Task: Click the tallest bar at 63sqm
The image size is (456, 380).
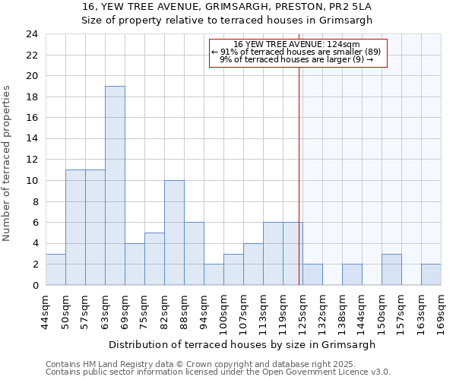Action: [x=115, y=185]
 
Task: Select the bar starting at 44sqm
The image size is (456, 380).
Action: [x=55, y=269]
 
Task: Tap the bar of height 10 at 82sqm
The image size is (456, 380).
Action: [x=174, y=233]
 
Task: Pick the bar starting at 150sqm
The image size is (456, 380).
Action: [x=391, y=269]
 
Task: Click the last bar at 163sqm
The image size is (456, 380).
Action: [x=431, y=274]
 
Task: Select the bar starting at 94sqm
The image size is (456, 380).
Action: [x=214, y=274]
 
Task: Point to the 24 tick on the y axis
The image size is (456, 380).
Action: [x=32, y=34]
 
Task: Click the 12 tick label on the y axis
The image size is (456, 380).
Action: [x=32, y=160]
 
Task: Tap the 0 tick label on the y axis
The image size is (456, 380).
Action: [x=35, y=285]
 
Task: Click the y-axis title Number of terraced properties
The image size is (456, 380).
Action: [x=7, y=163]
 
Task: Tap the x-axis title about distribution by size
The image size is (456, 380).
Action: [x=242, y=344]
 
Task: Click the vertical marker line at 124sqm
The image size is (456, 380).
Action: [x=299, y=175]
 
